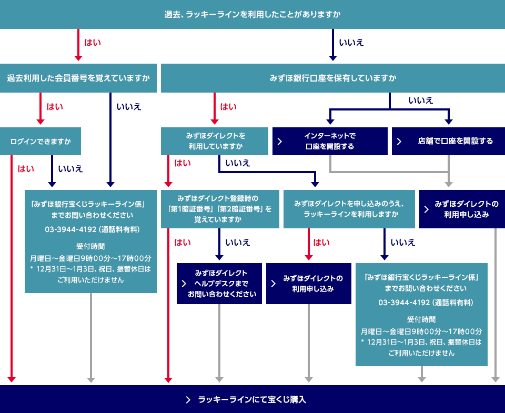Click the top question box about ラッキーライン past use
252,14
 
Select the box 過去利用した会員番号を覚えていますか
78,78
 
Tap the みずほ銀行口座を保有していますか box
332,78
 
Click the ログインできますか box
41,142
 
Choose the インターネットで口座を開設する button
330,142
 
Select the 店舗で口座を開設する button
448,142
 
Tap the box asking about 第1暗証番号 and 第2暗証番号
220,209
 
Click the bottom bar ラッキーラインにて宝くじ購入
252,399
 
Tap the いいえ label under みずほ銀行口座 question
420,100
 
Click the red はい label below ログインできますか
26,169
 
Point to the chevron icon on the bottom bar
188,400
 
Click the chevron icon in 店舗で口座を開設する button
399,142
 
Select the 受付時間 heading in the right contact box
421,319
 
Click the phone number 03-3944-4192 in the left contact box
70,229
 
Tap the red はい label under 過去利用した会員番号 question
55,107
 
